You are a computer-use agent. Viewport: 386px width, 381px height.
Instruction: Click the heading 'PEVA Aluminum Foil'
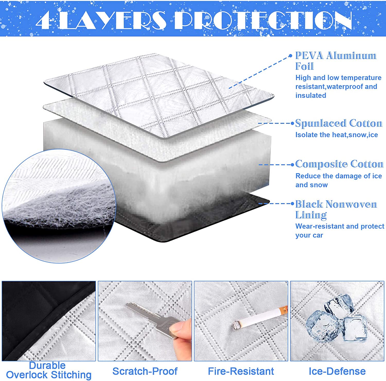pyautogui.click(x=335, y=61)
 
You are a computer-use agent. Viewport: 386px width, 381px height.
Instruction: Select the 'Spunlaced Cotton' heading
pyautogui.click(x=339, y=123)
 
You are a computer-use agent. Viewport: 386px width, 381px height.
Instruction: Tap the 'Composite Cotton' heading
pyautogui.click(x=339, y=164)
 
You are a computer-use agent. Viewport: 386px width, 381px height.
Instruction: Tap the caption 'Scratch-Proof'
pyautogui.click(x=145, y=371)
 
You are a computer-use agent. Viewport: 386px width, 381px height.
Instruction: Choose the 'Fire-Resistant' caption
pyautogui.click(x=241, y=371)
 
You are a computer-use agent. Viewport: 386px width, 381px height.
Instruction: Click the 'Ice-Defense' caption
pyautogui.click(x=337, y=371)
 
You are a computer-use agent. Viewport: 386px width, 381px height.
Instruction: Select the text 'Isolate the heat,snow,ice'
pyautogui.click(x=336, y=135)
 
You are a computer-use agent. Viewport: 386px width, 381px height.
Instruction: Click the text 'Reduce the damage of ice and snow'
pyautogui.click(x=338, y=180)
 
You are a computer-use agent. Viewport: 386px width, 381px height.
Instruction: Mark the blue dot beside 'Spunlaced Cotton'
pyautogui.click(x=292, y=123)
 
